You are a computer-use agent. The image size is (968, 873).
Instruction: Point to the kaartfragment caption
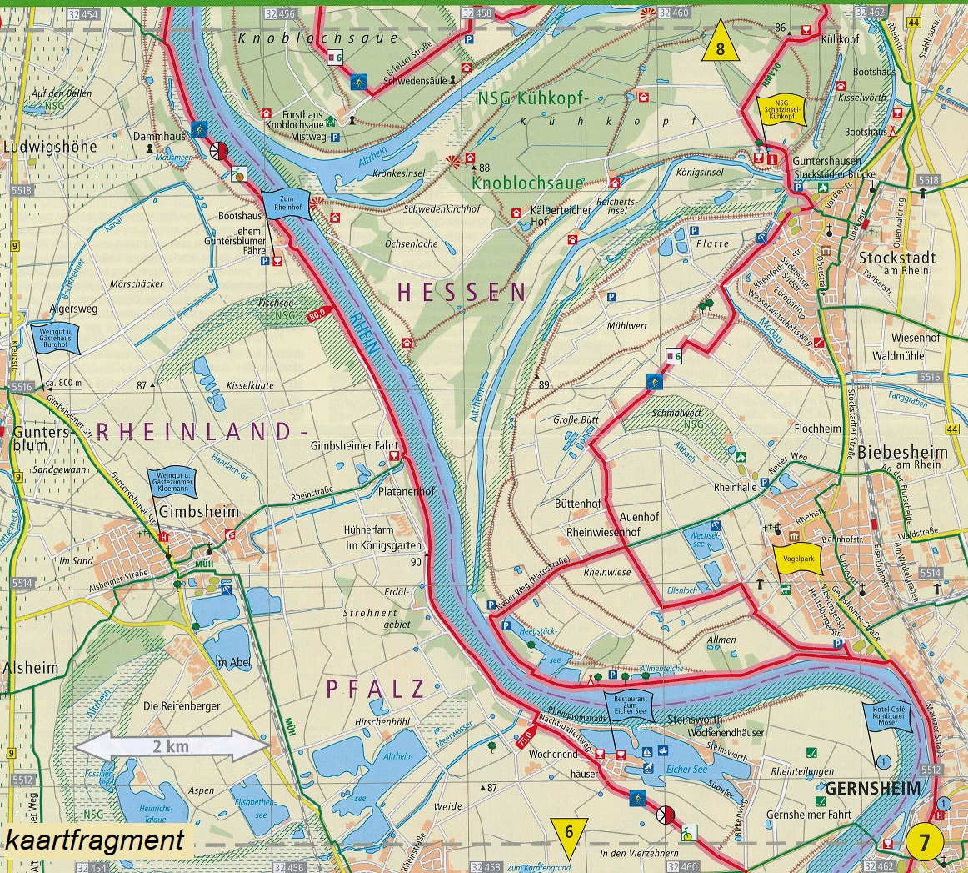click(94, 840)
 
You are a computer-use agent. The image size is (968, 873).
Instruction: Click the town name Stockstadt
click(896, 258)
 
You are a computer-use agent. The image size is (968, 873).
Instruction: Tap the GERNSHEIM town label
click(873, 788)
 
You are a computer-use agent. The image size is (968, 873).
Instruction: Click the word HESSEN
click(462, 292)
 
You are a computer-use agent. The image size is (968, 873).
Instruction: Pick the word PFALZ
click(375, 689)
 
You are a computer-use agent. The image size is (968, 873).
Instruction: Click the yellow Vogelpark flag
click(798, 560)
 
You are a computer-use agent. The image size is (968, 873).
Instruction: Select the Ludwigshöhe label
click(50, 148)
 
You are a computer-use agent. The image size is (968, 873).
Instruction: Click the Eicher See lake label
click(686, 770)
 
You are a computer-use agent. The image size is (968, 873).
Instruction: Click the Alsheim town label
click(31, 668)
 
